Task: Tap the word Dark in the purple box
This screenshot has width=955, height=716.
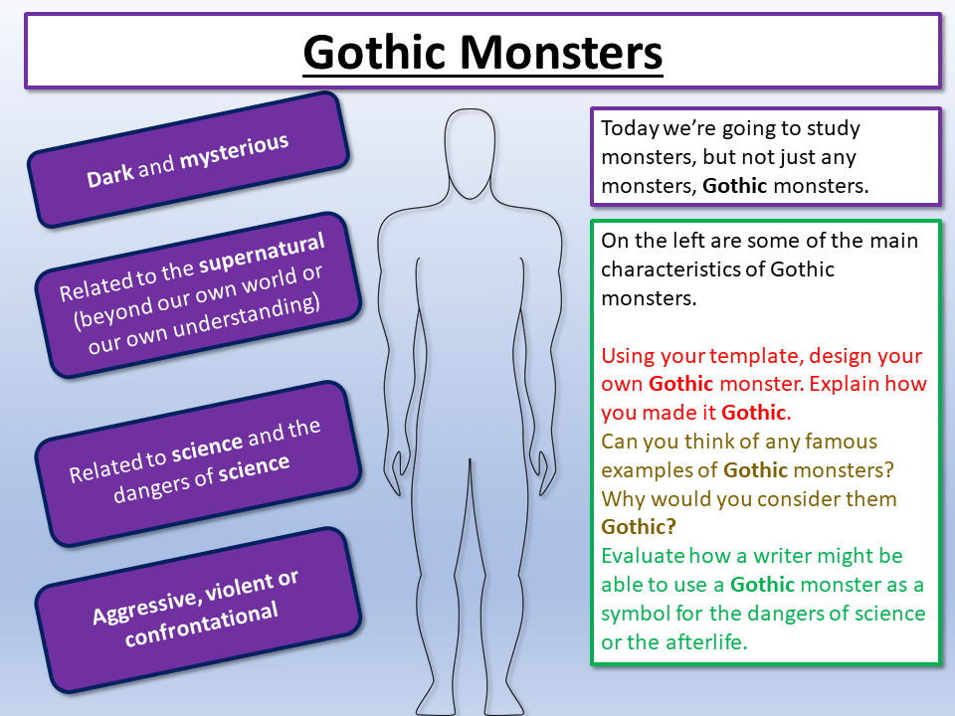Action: pos(110,176)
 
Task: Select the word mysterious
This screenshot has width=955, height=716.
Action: pos(234,153)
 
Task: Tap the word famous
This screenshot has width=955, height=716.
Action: pos(836,441)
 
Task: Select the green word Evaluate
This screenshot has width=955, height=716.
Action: pos(644,556)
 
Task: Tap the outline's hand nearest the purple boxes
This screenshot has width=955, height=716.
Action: pos(396,468)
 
